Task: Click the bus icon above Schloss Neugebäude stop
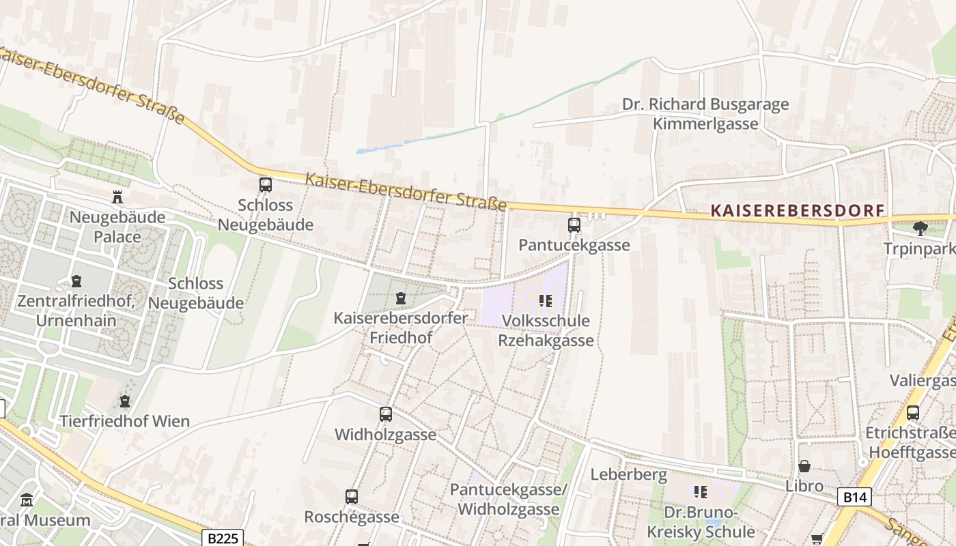pos(265,184)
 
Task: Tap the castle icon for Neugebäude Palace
pos(117,197)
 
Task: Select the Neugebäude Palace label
pos(118,227)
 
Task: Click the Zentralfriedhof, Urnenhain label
pos(76,311)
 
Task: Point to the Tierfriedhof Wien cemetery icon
pos(124,401)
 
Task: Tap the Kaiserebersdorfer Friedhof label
pos(400,328)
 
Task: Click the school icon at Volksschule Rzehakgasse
pos(545,300)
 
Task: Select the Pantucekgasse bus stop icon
pos(574,225)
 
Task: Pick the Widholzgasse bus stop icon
pos(386,414)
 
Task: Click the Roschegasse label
pos(351,517)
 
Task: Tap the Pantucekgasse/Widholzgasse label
pos(509,500)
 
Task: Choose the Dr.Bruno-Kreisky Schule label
pos(701,522)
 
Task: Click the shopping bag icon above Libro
pos(804,466)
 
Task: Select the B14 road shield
pos(854,497)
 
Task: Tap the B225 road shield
pos(223,538)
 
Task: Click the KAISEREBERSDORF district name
pos(798,210)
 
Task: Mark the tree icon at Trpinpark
pos(920,228)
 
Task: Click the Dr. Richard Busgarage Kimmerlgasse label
pos(705,114)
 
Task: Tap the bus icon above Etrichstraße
pos(913,412)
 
